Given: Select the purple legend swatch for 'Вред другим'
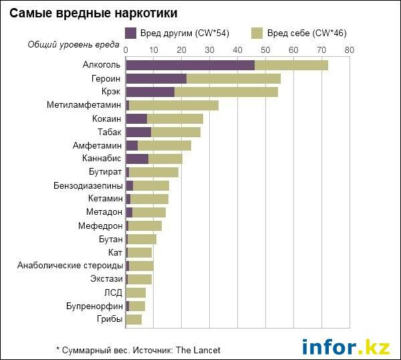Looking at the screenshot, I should [x=130, y=32].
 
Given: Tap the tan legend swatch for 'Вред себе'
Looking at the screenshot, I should [x=257, y=32].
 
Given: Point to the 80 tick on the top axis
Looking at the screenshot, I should [x=349, y=50].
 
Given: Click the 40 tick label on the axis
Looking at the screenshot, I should [x=237, y=50].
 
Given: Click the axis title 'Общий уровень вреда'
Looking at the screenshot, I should [x=74, y=44].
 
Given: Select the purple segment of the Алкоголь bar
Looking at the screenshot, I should [x=190, y=65].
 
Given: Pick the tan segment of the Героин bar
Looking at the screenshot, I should [x=233, y=78].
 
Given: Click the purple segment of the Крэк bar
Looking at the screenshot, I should [x=150, y=92].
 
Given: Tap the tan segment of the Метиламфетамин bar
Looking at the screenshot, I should [x=174, y=105].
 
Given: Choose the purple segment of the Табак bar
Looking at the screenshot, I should [x=138, y=132].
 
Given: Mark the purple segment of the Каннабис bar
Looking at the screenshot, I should [x=137, y=159].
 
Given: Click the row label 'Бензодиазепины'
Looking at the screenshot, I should [x=88, y=185].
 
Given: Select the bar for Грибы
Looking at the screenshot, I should [x=134, y=319].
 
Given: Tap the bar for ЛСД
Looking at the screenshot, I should [x=136, y=292].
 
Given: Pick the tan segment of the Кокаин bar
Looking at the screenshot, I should [x=175, y=118].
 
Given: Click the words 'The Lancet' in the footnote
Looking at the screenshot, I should [x=198, y=350].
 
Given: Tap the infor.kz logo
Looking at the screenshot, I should [x=346, y=347].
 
